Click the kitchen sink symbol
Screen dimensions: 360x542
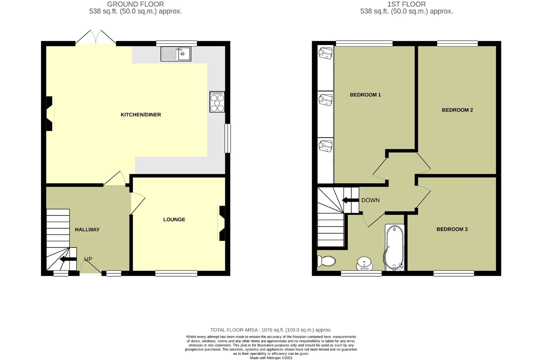click(x=176, y=54)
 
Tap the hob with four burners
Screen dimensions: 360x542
click(x=217, y=102)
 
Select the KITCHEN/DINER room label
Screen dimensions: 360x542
click(x=141, y=115)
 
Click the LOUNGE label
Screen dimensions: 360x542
click(x=174, y=219)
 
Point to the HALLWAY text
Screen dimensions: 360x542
click(x=87, y=229)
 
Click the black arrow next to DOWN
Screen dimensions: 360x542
click(x=350, y=200)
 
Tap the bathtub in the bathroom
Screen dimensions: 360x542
click(x=395, y=247)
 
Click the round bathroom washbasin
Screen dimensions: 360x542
click(x=364, y=263)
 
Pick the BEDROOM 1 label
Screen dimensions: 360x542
click(x=365, y=95)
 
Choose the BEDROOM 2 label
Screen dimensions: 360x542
click(x=457, y=110)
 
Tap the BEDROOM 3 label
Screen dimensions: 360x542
click(x=452, y=229)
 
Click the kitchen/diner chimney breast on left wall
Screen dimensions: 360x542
click(x=50, y=113)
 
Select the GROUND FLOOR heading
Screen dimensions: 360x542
click(x=135, y=4)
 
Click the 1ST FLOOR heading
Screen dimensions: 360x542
click(x=406, y=4)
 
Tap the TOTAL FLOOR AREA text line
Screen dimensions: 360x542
click(x=271, y=330)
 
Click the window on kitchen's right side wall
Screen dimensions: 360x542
click(x=227, y=138)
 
